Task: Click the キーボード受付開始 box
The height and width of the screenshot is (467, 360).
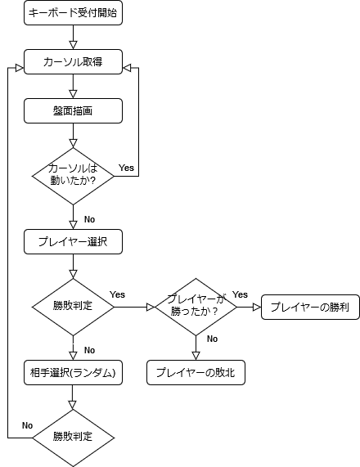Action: [73, 13]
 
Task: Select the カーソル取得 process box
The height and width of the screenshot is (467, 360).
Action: [73, 62]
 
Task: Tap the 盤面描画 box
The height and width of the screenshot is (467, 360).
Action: [73, 111]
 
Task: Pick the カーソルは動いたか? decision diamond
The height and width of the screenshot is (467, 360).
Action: [73, 176]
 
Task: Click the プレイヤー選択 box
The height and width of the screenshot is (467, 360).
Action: [73, 242]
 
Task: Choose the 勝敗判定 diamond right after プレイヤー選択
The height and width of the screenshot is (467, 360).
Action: [73, 307]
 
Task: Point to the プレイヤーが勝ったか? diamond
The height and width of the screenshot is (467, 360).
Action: [196, 307]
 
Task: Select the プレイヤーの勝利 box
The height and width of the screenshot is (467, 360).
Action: [310, 308]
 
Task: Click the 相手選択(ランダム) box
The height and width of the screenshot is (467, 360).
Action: [73, 373]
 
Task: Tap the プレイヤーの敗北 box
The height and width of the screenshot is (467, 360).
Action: [196, 373]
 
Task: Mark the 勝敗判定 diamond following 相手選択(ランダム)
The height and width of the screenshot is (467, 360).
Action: [73, 437]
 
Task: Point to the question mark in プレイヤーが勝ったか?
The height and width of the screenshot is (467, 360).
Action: [214, 312]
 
